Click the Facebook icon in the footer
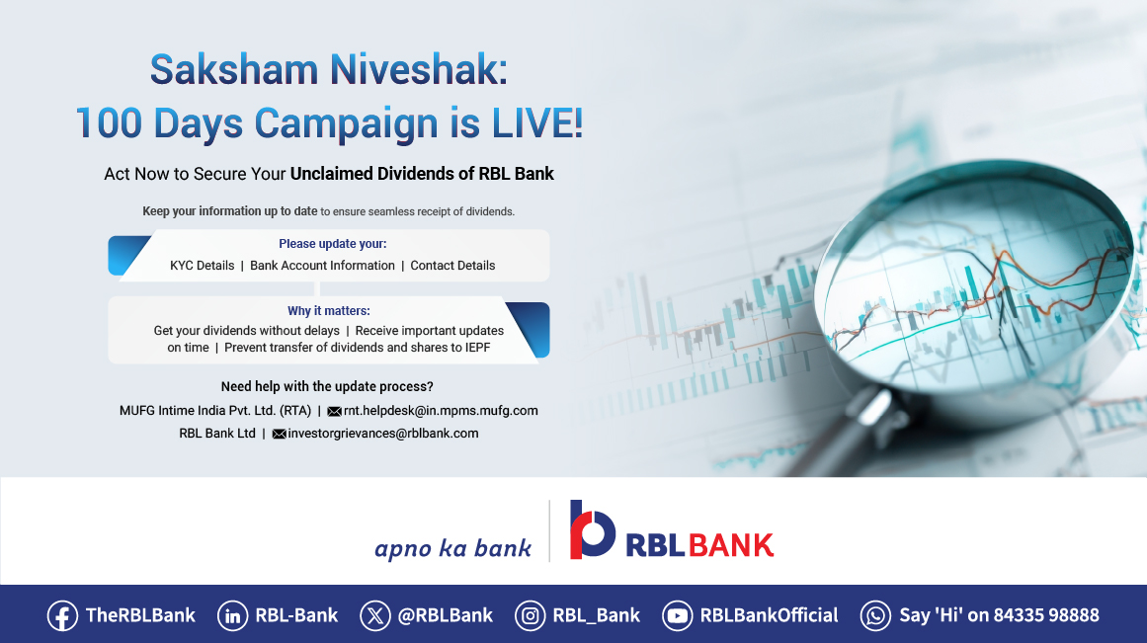point(62,615)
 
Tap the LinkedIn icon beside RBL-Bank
point(232,615)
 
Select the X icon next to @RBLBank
point(375,615)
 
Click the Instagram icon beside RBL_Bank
point(531,615)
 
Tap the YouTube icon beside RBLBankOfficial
point(678,615)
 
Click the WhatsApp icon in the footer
point(875,615)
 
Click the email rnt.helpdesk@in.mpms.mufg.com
point(441,411)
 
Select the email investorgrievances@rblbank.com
point(382,434)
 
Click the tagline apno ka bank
point(452,548)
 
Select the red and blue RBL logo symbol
point(592,529)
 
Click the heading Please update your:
point(332,244)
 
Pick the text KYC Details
point(202,266)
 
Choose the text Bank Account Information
point(322,266)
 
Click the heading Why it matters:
point(329,311)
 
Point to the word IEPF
point(473,348)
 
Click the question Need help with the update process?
point(327,386)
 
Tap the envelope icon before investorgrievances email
point(279,434)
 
